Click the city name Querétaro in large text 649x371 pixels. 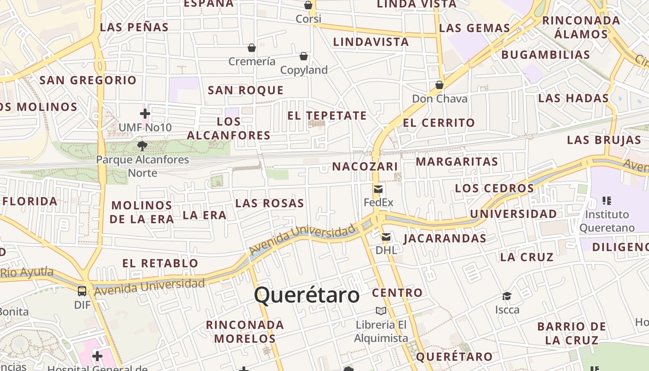click(x=307, y=295)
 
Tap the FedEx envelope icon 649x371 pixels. click(x=378, y=189)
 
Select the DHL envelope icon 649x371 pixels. click(x=386, y=237)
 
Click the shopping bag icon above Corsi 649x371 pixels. click(x=308, y=5)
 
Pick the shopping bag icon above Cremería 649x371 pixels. click(x=252, y=48)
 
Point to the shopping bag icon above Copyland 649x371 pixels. click(x=304, y=56)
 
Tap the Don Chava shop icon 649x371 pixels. click(x=439, y=85)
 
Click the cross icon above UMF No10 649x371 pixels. click(x=145, y=113)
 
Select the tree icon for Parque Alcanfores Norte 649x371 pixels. click(x=142, y=146)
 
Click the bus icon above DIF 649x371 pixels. click(x=82, y=291)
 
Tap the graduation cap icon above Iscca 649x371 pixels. click(x=507, y=296)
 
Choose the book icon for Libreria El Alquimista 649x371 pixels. click(x=381, y=311)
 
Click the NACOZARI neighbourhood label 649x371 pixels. click(x=365, y=166)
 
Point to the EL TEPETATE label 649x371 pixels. click(x=327, y=115)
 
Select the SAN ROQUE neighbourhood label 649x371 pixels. click(x=245, y=90)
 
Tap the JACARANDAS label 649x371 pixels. click(x=445, y=238)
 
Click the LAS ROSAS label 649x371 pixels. click(x=269, y=203)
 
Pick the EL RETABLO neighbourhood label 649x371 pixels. click(x=160, y=263)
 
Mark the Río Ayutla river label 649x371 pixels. click(x=27, y=272)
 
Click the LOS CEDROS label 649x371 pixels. click(x=495, y=188)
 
